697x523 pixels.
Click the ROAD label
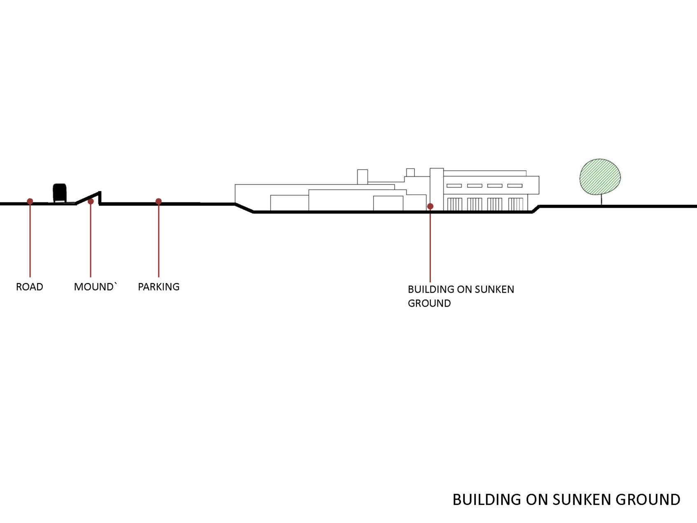pos(29,287)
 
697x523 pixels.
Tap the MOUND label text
pos(94,287)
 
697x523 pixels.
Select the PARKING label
pos(159,287)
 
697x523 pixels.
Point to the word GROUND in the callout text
pos(429,303)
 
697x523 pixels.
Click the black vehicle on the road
pos(60,193)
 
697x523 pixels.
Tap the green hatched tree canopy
pos(600,176)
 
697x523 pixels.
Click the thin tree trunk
pos(601,199)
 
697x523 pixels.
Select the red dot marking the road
pos(30,202)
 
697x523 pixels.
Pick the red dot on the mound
pos(91,202)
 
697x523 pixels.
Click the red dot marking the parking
pos(159,202)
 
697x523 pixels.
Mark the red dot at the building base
pos(430,206)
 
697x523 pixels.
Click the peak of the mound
pos(100,192)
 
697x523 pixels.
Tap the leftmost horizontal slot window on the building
pos(454,186)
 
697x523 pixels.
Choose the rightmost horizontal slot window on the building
pos(515,186)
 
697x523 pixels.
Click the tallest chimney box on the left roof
pos(363,177)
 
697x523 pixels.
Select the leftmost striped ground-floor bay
pos(455,204)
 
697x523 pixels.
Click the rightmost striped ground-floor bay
pos(516,204)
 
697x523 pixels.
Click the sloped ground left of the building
pos(244,208)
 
